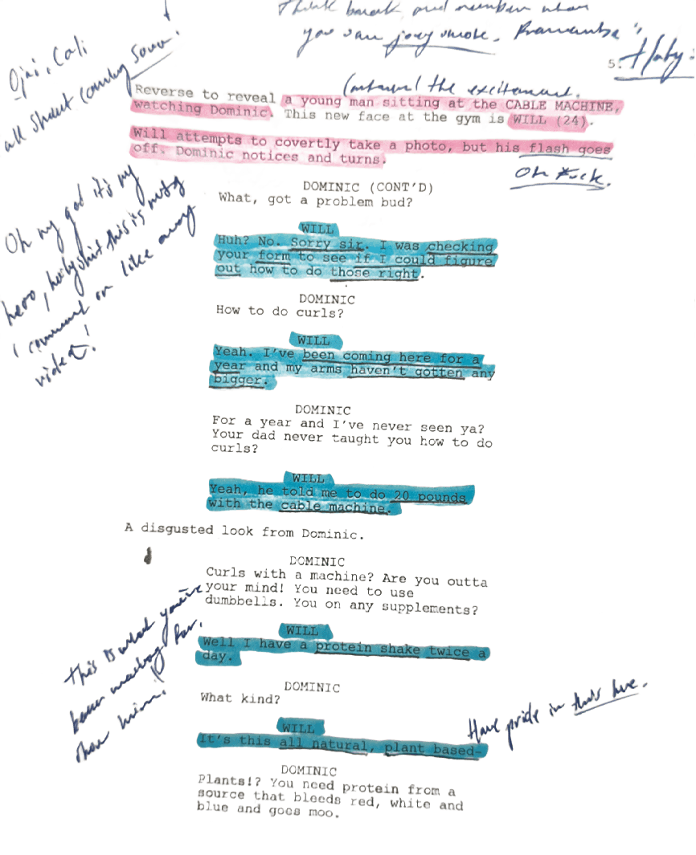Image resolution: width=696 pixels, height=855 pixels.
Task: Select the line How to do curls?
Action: tap(280, 311)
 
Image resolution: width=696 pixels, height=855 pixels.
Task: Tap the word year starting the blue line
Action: tap(230, 367)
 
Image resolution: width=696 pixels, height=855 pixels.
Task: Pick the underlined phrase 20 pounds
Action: tap(430, 496)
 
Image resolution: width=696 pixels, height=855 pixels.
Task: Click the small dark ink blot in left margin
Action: tap(149, 556)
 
